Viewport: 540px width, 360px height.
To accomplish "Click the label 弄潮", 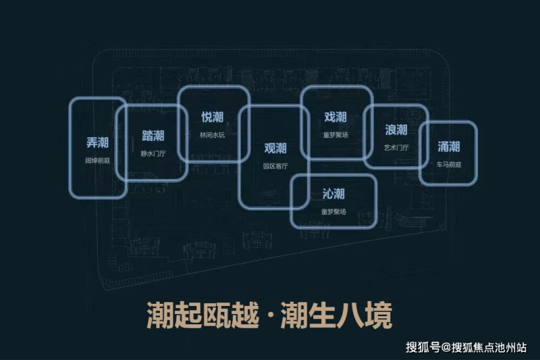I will click(x=97, y=142).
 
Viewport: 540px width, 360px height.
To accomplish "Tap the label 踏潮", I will click(x=153, y=136).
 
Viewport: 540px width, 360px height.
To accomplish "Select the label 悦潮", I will click(x=212, y=117).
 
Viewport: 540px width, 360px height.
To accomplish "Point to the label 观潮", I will click(x=275, y=148).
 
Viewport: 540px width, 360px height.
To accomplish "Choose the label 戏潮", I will click(x=335, y=117).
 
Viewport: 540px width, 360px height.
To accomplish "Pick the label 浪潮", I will click(x=396, y=130).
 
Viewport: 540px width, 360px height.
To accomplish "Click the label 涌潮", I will click(x=448, y=145).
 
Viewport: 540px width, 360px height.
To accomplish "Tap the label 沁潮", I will click(x=333, y=194).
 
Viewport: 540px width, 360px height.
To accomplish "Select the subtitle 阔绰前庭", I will click(x=97, y=159).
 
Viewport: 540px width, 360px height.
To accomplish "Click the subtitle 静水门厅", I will click(x=153, y=154).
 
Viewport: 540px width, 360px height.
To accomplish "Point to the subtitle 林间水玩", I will click(x=212, y=135).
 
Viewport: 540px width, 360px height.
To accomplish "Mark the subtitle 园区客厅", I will click(x=275, y=166).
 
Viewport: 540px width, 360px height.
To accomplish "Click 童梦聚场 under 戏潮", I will click(x=335, y=135).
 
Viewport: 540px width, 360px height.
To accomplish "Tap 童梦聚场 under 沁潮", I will click(x=333, y=212).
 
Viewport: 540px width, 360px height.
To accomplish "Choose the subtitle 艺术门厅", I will click(x=396, y=148).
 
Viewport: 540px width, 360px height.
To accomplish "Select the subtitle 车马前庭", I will click(x=448, y=164).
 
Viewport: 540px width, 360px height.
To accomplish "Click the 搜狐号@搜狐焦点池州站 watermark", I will click(x=467, y=348).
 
